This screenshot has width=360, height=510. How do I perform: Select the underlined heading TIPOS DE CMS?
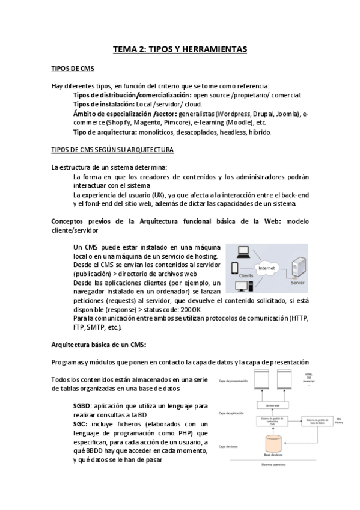tap(72, 69)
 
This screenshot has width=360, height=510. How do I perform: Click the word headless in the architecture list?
tap(231, 131)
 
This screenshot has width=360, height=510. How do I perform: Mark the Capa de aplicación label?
tap(232, 414)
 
